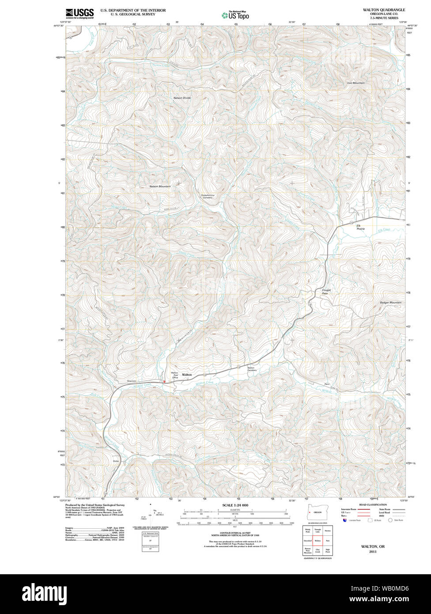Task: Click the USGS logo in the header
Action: coord(79,13)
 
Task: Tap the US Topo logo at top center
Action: coord(235,15)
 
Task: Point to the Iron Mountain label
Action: coord(355,83)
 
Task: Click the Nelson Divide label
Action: coord(182,98)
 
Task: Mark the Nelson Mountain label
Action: coord(160,186)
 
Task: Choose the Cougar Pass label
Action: coord(326,292)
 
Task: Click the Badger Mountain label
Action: coord(390,303)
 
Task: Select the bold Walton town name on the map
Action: coord(187,375)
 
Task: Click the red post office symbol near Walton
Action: coord(164,381)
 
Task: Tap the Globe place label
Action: coord(117,461)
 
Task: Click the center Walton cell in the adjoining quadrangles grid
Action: coord(318,540)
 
